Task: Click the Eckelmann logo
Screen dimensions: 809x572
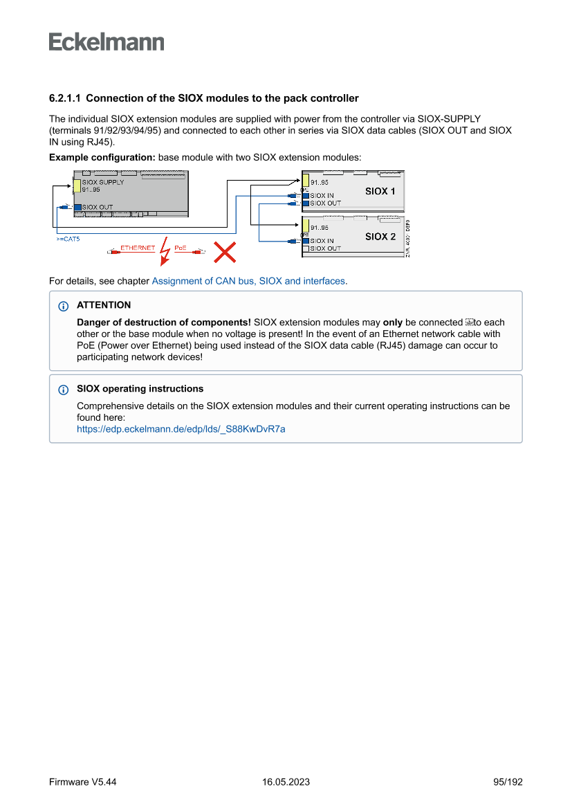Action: [x=107, y=42]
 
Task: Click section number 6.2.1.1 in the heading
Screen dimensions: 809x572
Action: [x=65, y=98]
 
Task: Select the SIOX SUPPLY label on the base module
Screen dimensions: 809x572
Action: [x=102, y=183]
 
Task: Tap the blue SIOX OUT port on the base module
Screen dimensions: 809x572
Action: [x=77, y=206]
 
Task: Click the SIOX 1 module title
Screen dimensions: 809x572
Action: [x=380, y=191]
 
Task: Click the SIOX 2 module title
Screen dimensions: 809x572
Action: [x=380, y=236]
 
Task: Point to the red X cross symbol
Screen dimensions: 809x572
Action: [x=224, y=252]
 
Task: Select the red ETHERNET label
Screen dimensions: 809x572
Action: [x=137, y=248]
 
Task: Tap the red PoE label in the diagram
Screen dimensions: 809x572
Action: [x=181, y=248]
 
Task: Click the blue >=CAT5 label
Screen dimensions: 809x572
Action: [x=68, y=239]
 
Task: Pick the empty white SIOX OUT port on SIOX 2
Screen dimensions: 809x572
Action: [x=305, y=248]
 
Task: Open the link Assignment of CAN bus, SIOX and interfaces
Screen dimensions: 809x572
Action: [x=248, y=281]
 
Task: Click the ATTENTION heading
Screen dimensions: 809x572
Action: [x=104, y=305]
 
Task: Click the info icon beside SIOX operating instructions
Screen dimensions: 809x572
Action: [x=64, y=390]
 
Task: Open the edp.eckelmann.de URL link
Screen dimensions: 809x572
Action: [x=181, y=429]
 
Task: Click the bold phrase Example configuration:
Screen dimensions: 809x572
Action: [x=102, y=158]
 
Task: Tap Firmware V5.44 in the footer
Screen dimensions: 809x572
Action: [x=82, y=782]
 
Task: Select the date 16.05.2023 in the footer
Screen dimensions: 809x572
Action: [x=286, y=782]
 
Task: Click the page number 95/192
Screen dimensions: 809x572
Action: [x=508, y=782]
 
